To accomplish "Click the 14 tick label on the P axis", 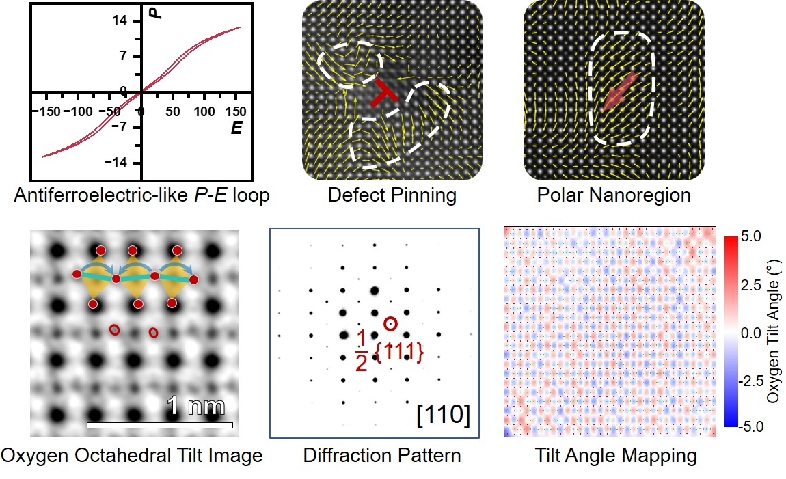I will [120, 20].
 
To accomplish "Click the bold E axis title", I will [236, 127].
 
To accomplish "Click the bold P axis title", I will [157, 12].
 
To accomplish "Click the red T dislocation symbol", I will [385, 94].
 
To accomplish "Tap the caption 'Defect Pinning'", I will [392, 195].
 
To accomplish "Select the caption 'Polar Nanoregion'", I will [614, 195].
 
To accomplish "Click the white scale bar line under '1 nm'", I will [160, 425].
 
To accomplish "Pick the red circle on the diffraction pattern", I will [390, 324].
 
